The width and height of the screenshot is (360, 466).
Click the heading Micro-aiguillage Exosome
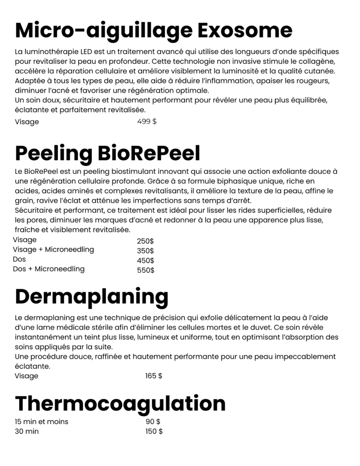click(153, 30)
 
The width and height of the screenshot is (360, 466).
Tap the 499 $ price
click(147, 122)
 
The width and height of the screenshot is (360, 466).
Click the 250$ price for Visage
click(145, 241)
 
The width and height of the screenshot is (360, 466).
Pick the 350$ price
click(145, 251)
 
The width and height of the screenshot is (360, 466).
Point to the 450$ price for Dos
click(145, 260)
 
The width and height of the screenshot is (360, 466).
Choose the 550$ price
click(145, 270)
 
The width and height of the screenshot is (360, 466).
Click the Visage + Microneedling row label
click(53, 249)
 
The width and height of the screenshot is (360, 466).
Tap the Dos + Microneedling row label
click(49, 268)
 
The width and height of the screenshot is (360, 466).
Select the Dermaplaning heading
click(91, 297)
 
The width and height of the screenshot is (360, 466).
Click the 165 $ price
click(154, 376)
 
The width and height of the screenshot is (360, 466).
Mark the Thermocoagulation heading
click(120, 403)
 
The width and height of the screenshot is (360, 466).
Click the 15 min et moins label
click(41, 421)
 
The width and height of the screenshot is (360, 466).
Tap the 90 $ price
click(153, 421)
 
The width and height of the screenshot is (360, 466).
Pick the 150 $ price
click(154, 431)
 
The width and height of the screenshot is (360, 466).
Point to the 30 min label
click(26, 431)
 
